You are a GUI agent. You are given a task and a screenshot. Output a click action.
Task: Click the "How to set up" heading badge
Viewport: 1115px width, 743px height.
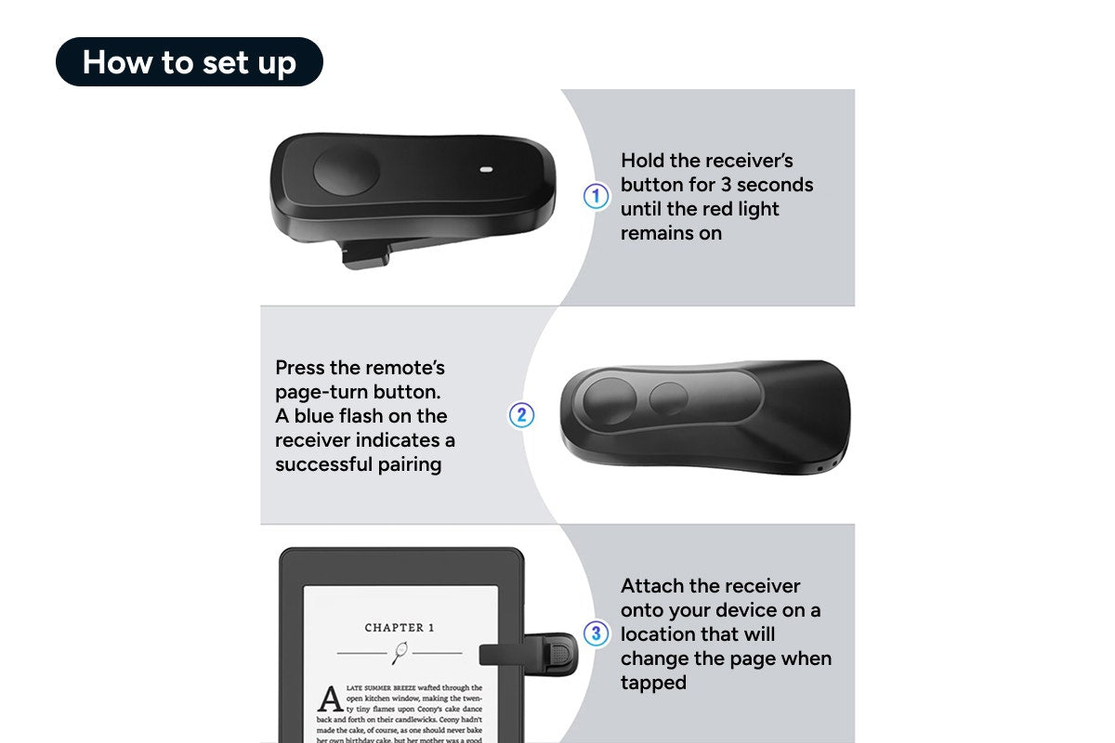click(190, 62)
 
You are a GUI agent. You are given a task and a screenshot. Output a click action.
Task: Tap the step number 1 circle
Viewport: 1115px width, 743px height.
click(596, 197)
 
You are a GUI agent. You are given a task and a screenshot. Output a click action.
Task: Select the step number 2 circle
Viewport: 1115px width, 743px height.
click(521, 415)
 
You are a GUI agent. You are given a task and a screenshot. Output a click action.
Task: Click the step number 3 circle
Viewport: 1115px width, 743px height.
click(596, 634)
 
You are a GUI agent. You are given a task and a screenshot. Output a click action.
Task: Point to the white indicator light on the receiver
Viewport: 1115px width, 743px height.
click(485, 170)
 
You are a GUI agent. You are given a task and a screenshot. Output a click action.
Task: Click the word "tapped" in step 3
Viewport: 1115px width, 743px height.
click(653, 683)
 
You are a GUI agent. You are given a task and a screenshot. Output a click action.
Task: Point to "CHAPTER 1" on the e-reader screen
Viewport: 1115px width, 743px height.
click(400, 628)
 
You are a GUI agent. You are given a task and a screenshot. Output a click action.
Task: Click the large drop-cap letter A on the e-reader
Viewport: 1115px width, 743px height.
click(330, 698)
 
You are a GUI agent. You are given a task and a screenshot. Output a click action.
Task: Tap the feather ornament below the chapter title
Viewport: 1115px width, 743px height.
click(400, 652)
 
